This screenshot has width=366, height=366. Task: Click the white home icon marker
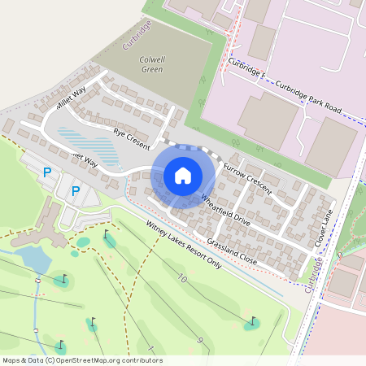(x=182, y=175)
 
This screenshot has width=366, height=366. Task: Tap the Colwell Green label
(x=151, y=64)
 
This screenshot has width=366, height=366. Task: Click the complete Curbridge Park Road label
(x=309, y=96)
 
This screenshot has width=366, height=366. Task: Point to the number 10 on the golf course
(x=181, y=279)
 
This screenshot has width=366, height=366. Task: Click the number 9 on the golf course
(x=199, y=339)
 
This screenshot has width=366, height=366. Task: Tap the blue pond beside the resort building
(x=33, y=259)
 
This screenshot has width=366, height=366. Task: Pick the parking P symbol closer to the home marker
(x=76, y=191)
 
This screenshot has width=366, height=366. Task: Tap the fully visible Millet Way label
(x=71, y=101)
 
